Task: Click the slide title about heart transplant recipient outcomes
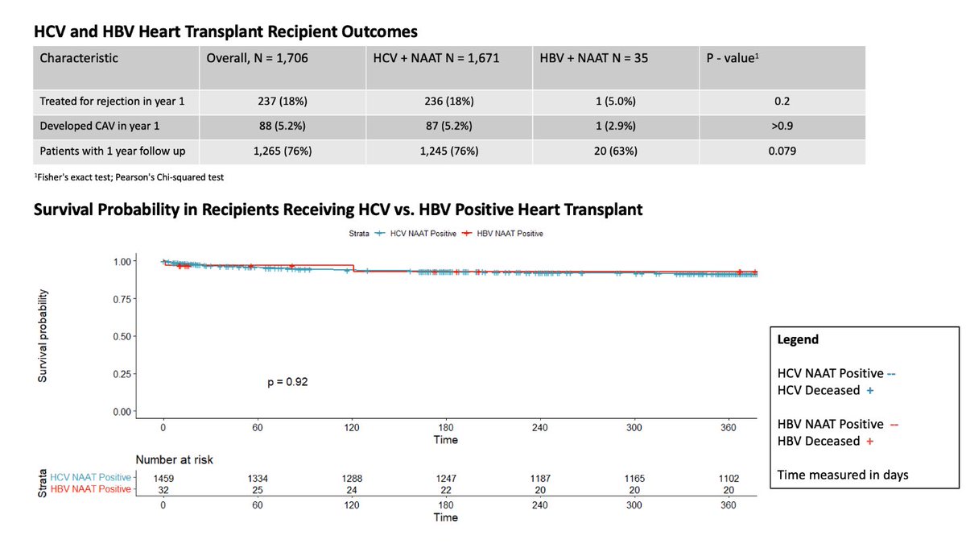[x=226, y=34]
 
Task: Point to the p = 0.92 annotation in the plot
[x=287, y=382]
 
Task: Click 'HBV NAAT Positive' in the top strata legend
[x=504, y=233]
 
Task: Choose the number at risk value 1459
[x=163, y=479]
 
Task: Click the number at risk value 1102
[x=727, y=479]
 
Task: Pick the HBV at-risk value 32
[x=163, y=489]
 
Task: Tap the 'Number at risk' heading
[x=174, y=459]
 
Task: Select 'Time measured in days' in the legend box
[x=843, y=475]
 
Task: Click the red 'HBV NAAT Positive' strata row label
[x=89, y=489]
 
